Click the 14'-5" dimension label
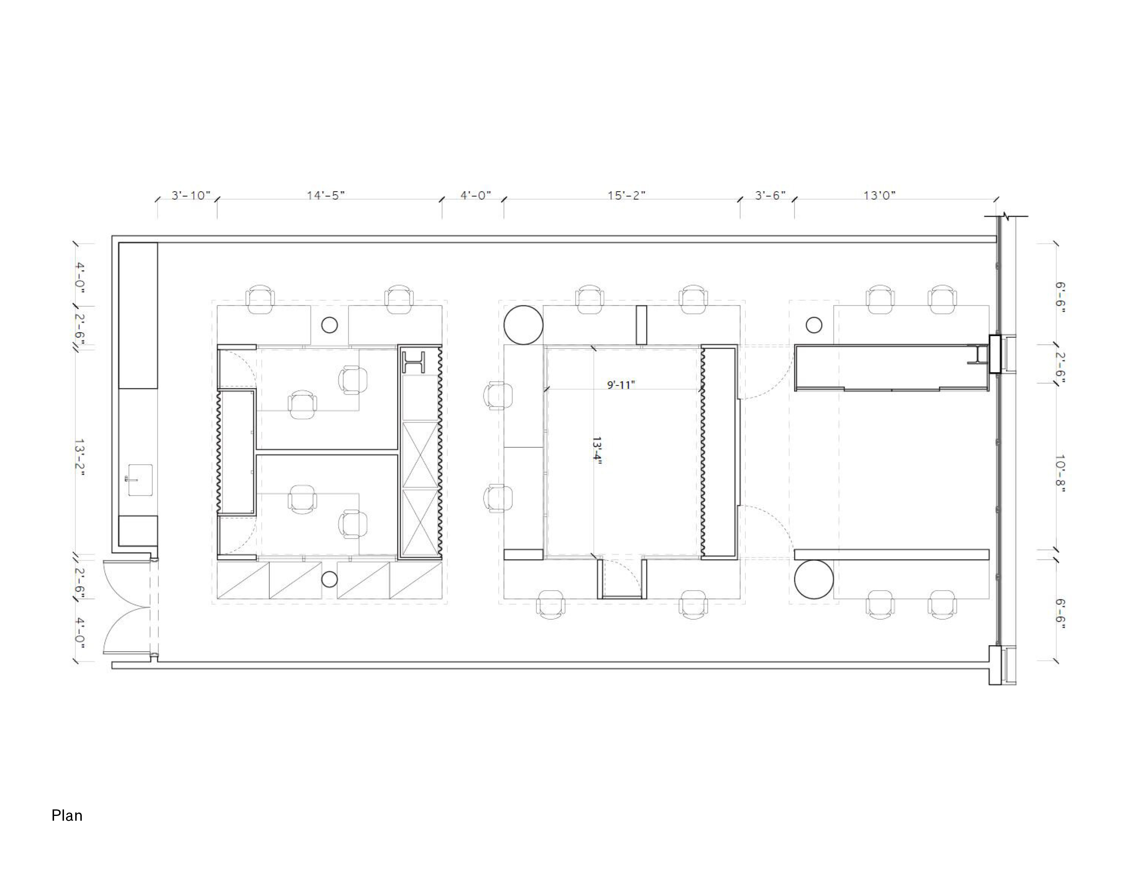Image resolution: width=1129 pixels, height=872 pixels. (326, 195)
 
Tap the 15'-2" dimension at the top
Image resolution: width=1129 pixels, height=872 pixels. (626, 195)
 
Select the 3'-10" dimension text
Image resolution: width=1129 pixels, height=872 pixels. (191, 195)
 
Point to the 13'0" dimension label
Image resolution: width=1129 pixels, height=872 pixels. (879, 195)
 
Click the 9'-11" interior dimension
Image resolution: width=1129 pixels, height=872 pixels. (621, 385)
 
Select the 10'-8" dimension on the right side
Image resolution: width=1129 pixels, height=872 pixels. (1060, 474)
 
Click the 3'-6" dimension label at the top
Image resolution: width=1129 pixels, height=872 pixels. (770, 195)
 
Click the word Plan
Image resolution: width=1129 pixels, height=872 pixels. (67, 815)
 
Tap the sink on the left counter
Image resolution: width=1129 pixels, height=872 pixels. (140, 480)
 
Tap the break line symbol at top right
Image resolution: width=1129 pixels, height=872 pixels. (1005, 216)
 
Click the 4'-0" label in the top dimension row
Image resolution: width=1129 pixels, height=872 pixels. (476, 195)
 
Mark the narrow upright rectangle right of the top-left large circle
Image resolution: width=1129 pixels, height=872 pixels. (641, 325)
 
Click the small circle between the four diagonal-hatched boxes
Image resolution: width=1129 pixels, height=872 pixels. (329, 580)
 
